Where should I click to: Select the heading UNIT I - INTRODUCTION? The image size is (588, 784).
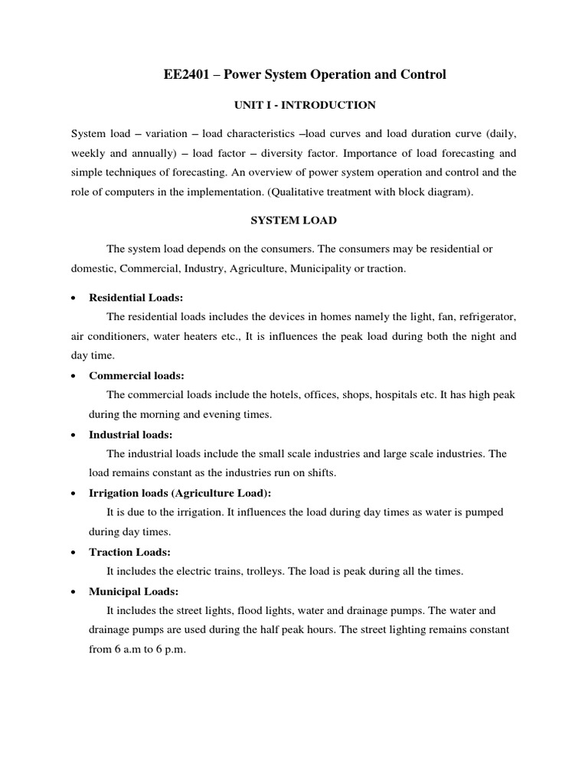point(294,104)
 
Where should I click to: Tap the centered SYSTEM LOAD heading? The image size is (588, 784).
point(294,220)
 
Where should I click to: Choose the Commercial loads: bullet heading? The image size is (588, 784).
point(136,376)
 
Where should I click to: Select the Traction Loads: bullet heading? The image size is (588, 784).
point(129,552)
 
